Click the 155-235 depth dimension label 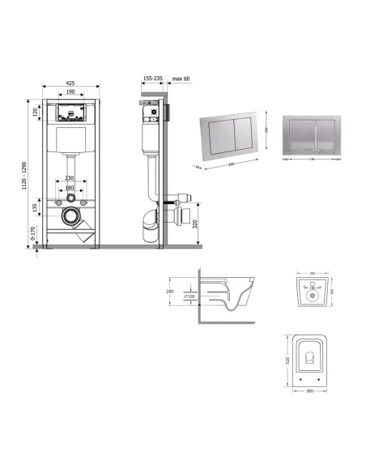(151, 79)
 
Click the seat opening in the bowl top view (308, 357)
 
